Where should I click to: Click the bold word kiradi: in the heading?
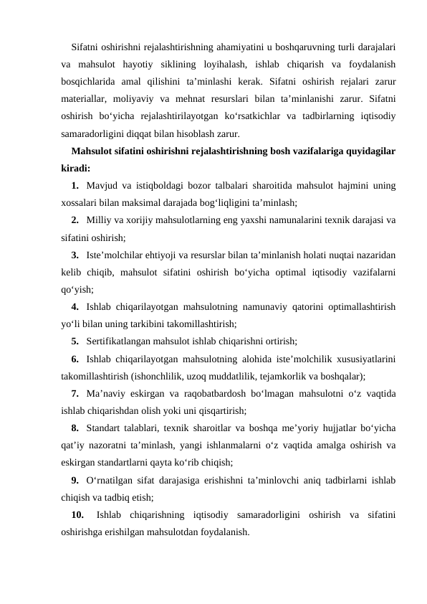(75, 169)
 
